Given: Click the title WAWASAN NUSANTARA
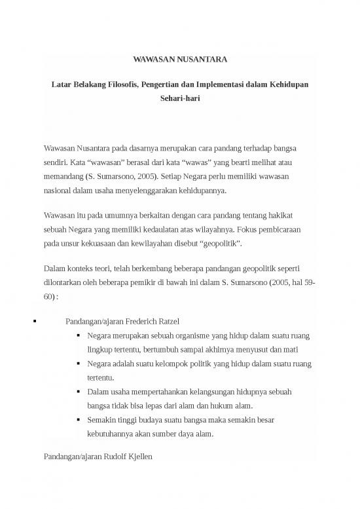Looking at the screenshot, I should coord(180,60).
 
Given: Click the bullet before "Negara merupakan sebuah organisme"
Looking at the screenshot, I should coord(79,337).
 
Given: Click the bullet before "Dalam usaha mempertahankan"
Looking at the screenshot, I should coord(79,392).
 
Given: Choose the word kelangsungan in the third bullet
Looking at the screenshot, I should coord(213,392).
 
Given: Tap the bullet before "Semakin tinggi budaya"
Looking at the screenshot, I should coord(79,420).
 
